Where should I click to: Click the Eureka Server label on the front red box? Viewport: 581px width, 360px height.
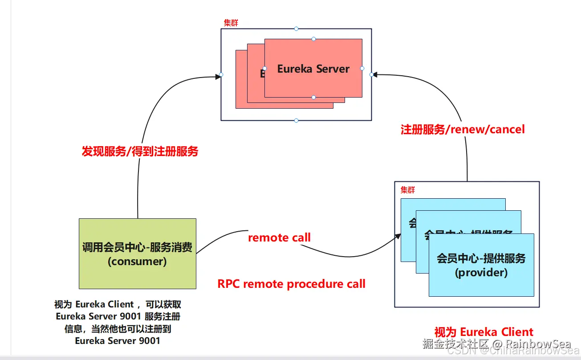313,69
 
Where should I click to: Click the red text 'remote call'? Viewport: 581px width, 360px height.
279,237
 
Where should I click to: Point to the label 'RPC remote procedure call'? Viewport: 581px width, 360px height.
291,284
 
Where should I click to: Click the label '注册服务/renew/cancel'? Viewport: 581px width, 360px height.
463,129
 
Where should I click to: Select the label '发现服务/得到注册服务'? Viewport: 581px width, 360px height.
140,151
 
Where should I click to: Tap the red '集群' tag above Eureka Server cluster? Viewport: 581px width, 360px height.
231,23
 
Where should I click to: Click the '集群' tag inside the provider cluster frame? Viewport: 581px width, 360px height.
407,190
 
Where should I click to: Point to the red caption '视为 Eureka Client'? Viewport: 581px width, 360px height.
483,332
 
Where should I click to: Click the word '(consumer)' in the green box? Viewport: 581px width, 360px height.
137,261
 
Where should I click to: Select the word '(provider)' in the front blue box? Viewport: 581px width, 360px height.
481,272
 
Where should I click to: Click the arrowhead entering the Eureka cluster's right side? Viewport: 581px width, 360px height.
375,75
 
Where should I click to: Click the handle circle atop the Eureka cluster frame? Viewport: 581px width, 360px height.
296,29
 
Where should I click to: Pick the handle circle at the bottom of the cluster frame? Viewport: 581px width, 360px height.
296,120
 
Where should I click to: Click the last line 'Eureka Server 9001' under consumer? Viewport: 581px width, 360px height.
118,341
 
